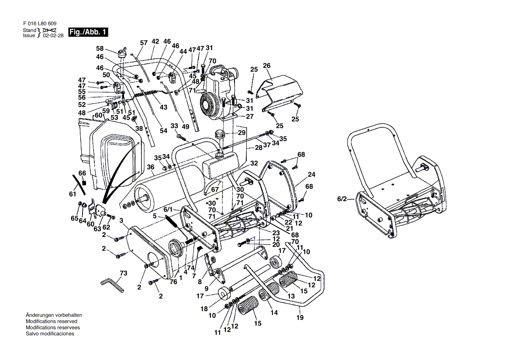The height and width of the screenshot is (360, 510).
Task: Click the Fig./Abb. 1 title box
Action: [x=88, y=32]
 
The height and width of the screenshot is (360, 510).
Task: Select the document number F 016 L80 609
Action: [x=39, y=24]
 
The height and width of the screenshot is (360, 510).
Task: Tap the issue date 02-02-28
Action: [x=53, y=36]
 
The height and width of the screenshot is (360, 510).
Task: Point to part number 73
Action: [x=124, y=273]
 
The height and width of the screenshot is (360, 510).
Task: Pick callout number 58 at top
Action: [x=100, y=48]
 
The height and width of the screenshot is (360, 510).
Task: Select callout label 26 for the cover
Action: [x=267, y=66]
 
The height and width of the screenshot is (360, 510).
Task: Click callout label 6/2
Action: [x=342, y=199]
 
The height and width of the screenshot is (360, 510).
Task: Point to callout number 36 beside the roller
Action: [x=151, y=167]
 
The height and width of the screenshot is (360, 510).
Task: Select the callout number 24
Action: [x=311, y=175]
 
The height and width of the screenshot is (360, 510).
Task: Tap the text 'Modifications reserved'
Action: [x=51, y=321]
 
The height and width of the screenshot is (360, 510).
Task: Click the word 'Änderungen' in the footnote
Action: [x=38, y=315]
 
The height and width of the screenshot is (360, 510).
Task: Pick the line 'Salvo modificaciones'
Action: [x=50, y=333]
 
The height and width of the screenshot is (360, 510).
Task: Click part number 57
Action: [x=144, y=43]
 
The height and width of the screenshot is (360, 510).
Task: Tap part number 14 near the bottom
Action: [x=274, y=312]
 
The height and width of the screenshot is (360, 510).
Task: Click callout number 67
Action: [x=214, y=189]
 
